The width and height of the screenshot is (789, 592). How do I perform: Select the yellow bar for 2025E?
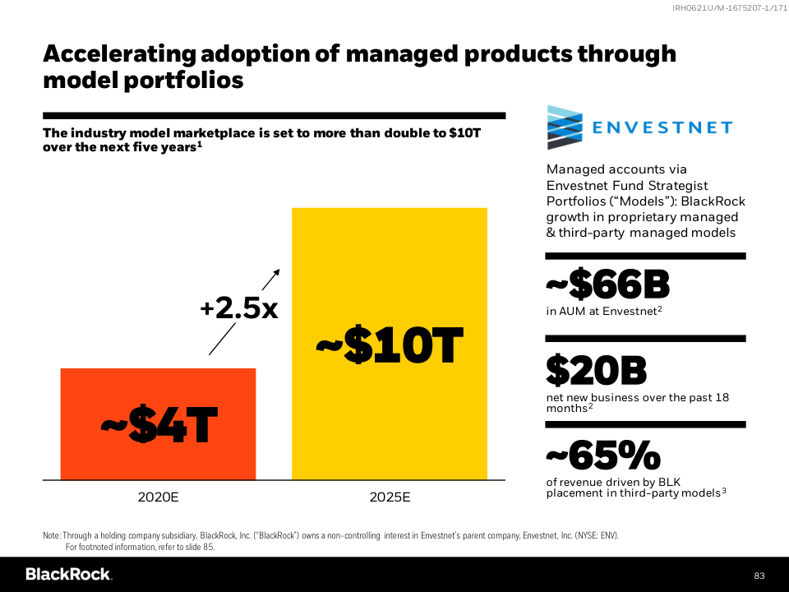coord(390,263)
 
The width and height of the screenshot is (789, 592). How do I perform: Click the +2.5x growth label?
coord(239,308)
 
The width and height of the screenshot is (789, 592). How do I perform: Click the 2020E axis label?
coord(158,497)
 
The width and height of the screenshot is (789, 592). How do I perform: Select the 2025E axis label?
coord(390,497)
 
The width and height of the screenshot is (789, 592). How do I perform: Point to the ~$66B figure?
coord(607,285)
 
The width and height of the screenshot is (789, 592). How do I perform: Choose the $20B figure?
coord(596,371)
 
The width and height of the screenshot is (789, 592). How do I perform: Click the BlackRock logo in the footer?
coord(68,574)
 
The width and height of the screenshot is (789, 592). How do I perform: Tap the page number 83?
coord(759,575)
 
